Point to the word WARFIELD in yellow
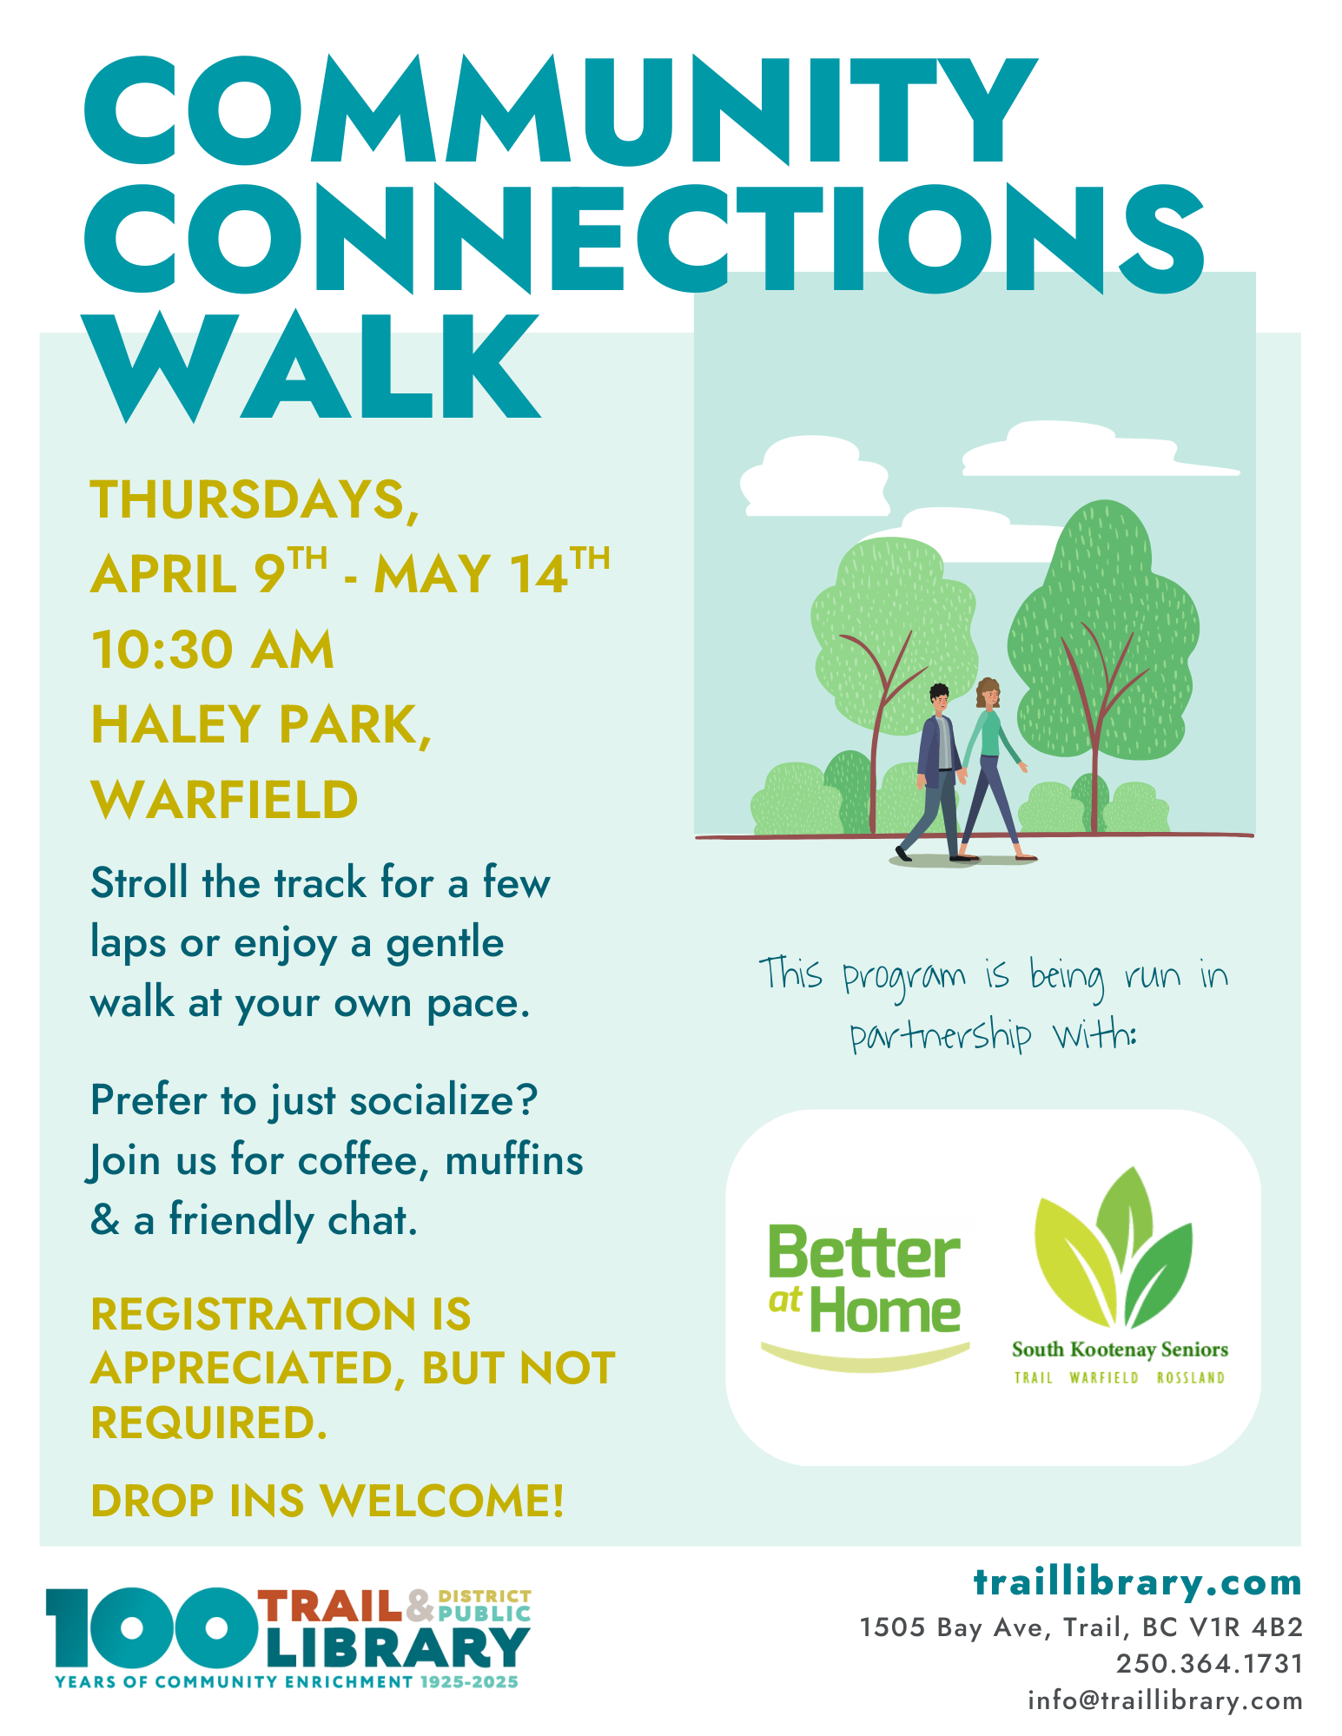224,800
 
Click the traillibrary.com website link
1137,1582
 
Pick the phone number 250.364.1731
1209,1664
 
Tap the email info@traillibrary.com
1165,1700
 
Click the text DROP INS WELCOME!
327,1501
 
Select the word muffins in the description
513,1161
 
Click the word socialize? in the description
443,1101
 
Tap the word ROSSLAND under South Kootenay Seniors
1190,1378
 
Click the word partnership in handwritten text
941,1036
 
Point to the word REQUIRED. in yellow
209,1422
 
